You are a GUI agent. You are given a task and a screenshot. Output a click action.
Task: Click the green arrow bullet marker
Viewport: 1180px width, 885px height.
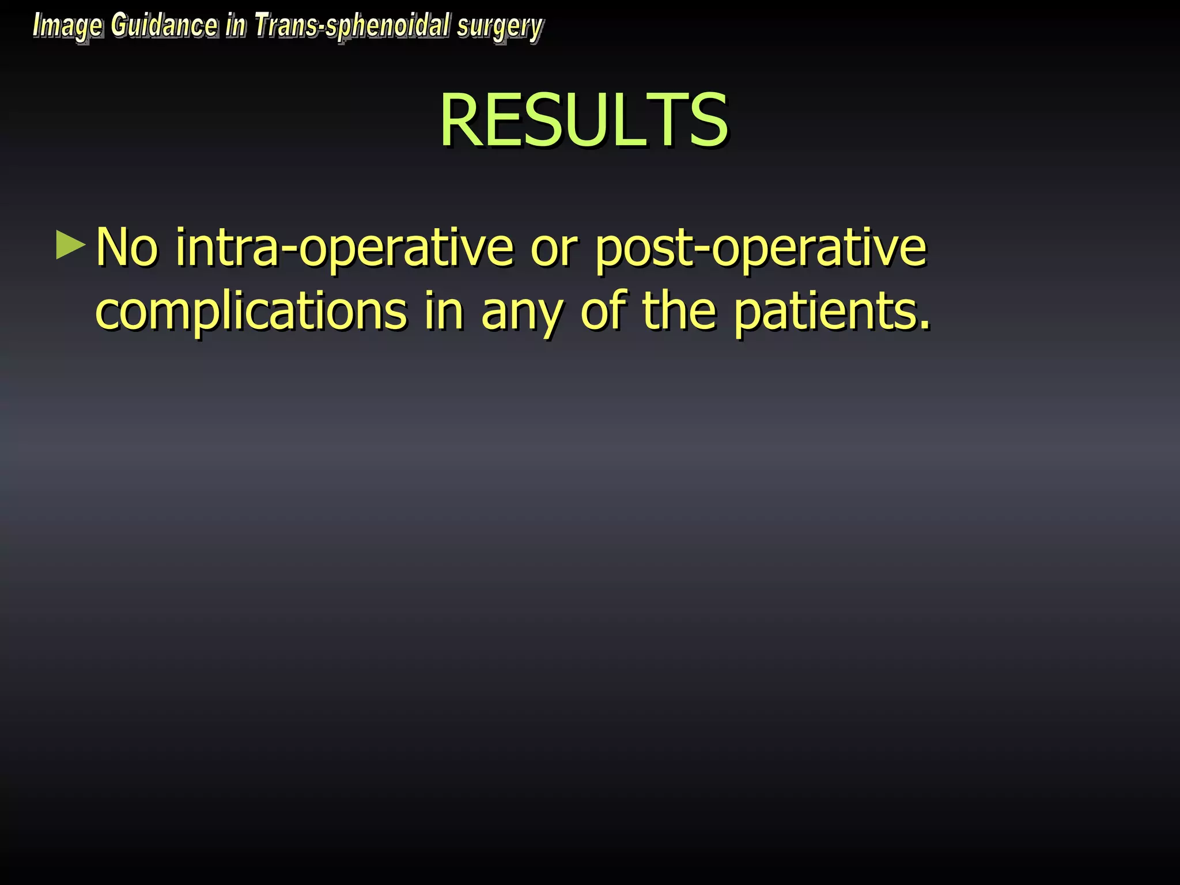[x=70, y=245]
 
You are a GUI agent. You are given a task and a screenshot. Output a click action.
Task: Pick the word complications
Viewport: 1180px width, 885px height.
[x=251, y=311]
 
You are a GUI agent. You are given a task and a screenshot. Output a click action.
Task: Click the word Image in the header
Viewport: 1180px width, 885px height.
[x=67, y=27]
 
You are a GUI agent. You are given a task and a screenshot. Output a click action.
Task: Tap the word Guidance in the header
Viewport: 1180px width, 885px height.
[x=164, y=26]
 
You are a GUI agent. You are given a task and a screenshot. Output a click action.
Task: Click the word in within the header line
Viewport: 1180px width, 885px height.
[x=236, y=26]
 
